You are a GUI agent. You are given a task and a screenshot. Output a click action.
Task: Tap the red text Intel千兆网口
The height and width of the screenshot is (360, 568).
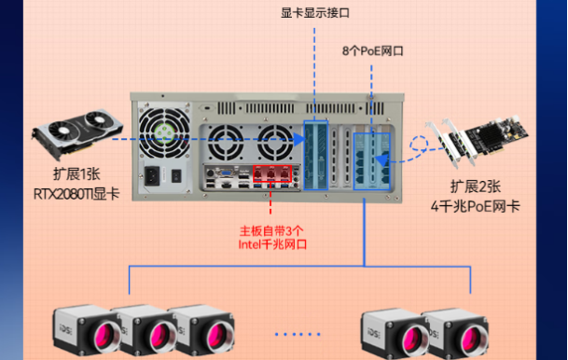pos(271,245)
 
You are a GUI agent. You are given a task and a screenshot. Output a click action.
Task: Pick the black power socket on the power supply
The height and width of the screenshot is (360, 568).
pos(151,174)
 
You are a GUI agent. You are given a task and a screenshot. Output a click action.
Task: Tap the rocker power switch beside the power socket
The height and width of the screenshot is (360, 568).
pos(174,174)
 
